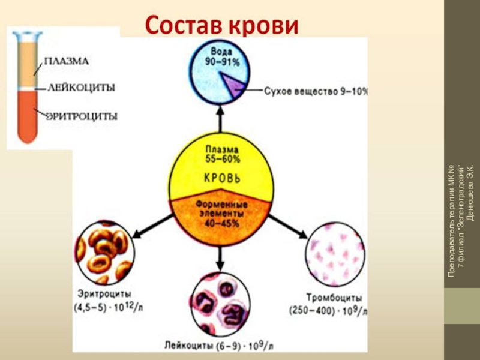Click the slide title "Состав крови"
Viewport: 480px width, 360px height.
point(221,25)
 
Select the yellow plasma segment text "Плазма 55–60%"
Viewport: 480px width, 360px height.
point(222,154)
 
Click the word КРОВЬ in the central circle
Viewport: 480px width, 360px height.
point(221,178)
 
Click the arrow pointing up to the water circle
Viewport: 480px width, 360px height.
point(221,121)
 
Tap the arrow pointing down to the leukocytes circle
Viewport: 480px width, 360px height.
point(220,255)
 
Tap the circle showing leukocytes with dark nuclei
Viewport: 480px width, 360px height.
point(220,302)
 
